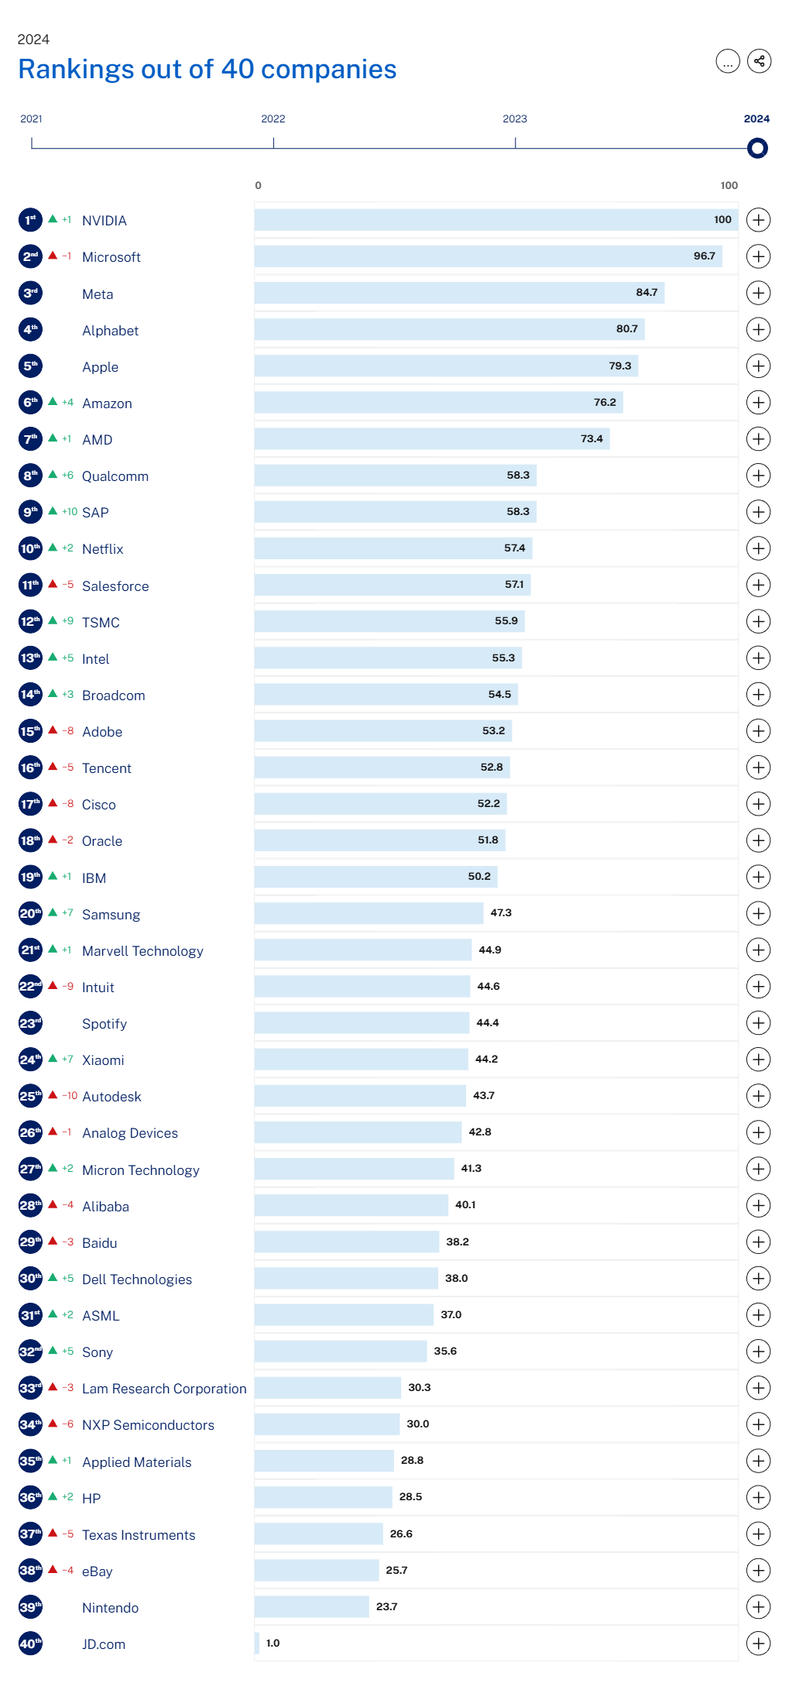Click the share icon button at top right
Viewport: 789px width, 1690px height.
tap(759, 61)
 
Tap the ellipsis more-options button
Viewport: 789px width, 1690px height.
tap(728, 61)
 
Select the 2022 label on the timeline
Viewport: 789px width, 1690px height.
tap(273, 119)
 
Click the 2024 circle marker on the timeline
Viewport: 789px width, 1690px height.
tap(757, 148)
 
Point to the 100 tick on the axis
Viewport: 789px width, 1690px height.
tap(729, 185)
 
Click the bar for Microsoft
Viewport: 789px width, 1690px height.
tap(488, 256)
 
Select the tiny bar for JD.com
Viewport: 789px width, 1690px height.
tap(257, 1643)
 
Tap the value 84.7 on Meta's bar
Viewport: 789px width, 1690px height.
tap(647, 293)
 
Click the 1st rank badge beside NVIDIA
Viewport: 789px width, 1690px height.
tap(30, 220)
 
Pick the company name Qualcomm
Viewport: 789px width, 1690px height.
tap(115, 476)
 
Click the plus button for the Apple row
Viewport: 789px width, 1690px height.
tap(758, 366)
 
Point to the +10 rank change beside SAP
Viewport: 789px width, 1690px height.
tap(70, 512)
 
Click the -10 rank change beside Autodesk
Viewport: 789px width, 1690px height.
tap(70, 1096)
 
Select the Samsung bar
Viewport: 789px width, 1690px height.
tap(369, 913)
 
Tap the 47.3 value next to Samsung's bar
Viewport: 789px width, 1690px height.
tap(501, 913)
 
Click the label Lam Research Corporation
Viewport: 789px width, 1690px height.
tap(164, 1389)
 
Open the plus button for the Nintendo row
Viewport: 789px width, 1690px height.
tap(758, 1607)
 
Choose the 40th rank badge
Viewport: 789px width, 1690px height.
tap(30, 1644)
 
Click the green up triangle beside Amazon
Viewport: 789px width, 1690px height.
tap(53, 402)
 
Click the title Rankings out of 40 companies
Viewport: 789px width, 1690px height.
tap(208, 69)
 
